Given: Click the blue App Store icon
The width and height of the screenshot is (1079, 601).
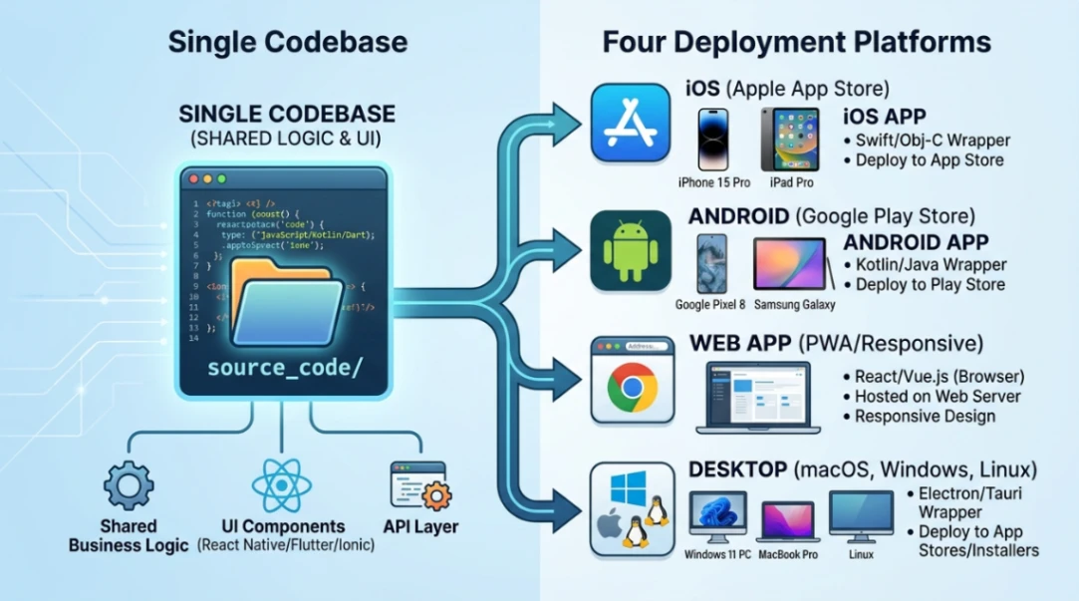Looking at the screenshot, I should pyautogui.click(x=631, y=123).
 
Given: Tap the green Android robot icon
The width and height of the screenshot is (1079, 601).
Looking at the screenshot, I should pyautogui.click(x=631, y=250).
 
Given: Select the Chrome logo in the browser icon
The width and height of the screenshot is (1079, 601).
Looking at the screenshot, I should pyautogui.click(x=632, y=388).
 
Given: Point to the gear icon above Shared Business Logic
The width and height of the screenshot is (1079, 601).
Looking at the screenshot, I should pyautogui.click(x=129, y=486).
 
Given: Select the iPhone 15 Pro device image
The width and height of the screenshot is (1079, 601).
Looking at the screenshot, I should pyautogui.click(x=714, y=140).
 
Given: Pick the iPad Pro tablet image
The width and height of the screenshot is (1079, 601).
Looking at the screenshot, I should pyautogui.click(x=790, y=140).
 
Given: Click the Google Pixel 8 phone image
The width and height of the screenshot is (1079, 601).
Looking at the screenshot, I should pyautogui.click(x=712, y=263).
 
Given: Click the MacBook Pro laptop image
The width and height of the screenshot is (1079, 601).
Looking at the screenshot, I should pyautogui.click(x=789, y=520).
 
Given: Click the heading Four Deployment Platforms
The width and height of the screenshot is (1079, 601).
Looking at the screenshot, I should pyautogui.click(x=796, y=42).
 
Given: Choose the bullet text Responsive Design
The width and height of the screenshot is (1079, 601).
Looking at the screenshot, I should pyautogui.click(x=925, y=416).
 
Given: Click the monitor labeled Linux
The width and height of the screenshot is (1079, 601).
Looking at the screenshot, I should pyautogui.click(x=861, y=515).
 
